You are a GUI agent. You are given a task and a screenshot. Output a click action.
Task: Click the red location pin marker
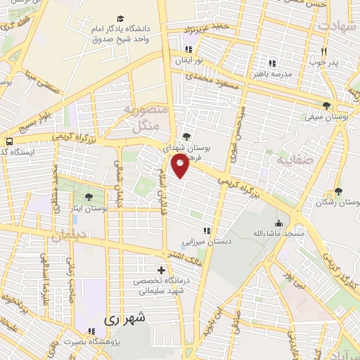(180, 165)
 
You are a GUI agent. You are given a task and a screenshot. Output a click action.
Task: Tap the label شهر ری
(127, 318)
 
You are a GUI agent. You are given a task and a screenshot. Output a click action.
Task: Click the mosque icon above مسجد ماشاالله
(278, 222)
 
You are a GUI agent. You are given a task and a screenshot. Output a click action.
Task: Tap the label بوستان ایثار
(89, 208)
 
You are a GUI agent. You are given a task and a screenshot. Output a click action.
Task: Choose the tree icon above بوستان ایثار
(88, 197)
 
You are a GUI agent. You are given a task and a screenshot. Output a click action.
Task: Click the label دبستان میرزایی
(207, 241)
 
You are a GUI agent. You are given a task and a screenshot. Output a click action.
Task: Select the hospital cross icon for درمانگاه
(162, 270)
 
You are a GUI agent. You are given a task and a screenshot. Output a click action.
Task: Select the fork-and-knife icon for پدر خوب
(324, 51)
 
